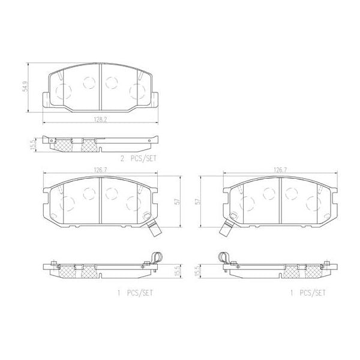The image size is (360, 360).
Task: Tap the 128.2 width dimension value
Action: pyautogui.click(x=100, y=119)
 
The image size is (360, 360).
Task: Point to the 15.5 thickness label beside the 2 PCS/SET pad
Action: pyautogui.click(x=34, y=144)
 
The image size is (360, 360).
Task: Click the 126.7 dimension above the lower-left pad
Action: pyautogui.click(x=99, y=170)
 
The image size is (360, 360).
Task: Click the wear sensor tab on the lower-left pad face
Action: pyautogui.click(x=151, y=227)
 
